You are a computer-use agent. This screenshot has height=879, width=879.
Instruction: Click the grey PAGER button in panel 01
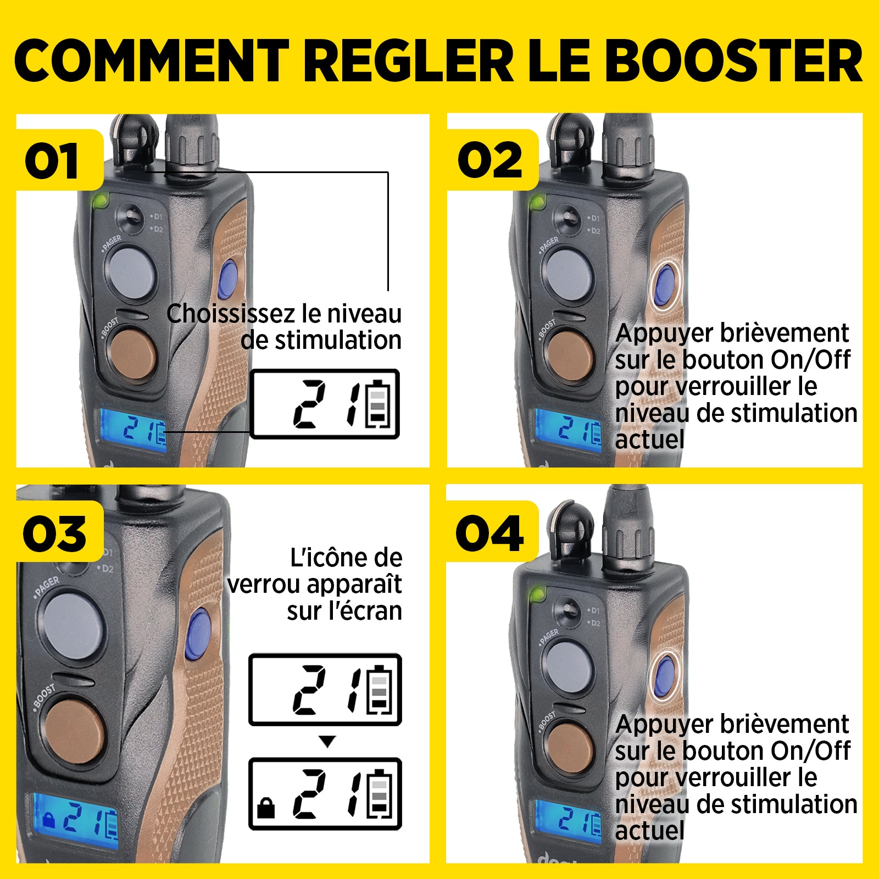131,274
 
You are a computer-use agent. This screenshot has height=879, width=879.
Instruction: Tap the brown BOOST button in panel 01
132,354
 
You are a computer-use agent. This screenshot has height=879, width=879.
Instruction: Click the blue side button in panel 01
227,278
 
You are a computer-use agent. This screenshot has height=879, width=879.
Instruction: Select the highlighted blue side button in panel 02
665,286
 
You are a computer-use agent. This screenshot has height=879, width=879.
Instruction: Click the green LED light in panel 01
100,201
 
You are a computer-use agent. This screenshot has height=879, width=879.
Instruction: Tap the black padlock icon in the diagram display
266,809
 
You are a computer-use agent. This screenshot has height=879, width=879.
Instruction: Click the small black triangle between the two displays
327,742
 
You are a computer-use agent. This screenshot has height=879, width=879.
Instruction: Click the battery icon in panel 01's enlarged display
379,404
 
